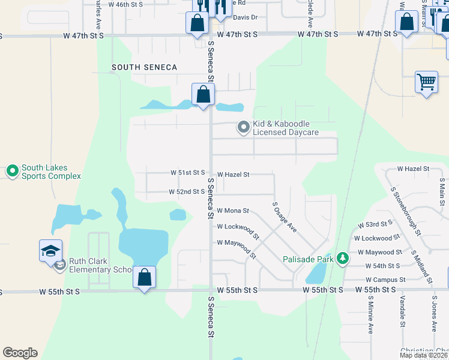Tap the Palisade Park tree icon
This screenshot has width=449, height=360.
tap(343, 259)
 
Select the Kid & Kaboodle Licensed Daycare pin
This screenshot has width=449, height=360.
tap(243, 127)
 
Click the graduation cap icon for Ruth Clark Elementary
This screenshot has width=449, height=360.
tap(51, 251)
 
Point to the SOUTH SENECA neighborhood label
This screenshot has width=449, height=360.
tap(145, 68)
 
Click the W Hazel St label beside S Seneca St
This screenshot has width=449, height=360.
tap(233, 174)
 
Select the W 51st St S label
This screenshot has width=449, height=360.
tap(188, 173)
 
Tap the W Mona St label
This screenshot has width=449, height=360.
tap(233, 211)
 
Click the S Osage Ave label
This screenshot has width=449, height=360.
tap(285, 217)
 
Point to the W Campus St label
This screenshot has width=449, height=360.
tap(386, 280)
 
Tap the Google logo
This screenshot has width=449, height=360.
tap(20, 353)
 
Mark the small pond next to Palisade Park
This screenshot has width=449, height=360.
tap(315, 274)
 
